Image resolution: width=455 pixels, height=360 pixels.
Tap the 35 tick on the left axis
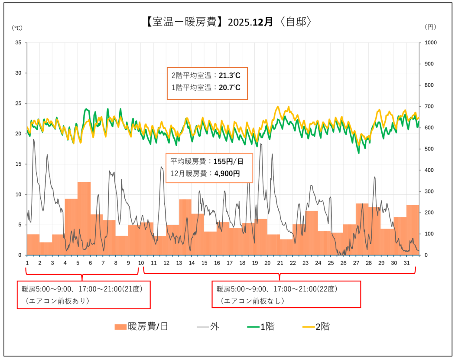point(18,43)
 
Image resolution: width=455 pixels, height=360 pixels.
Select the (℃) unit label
point(17,27)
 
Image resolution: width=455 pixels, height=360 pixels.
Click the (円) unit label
point(430,27)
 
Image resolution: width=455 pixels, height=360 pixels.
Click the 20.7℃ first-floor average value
point(229,87)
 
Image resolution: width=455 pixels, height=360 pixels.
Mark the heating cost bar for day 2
point(46,249)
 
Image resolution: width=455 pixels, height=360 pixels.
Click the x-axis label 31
point(406,263)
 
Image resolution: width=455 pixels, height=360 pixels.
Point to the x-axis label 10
point(141,263)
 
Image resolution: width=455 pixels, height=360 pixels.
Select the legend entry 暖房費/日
point(142,327)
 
